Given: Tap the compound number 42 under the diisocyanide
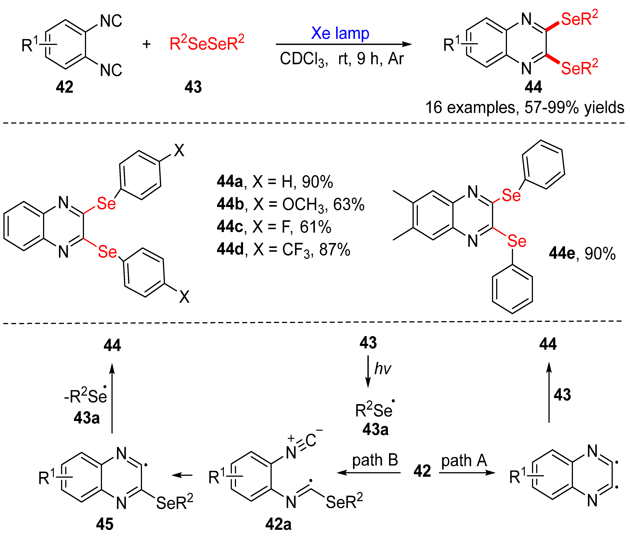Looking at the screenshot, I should coord(64,87).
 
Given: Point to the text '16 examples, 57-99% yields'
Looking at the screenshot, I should coord(524,108).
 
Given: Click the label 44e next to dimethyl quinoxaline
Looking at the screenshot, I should coord(562,253).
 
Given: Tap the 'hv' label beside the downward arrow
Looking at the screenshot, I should coord(383,368).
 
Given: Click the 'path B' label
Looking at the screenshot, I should coord(375,460).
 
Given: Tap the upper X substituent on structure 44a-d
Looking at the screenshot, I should coord(179,150).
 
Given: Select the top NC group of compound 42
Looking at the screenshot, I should coord(111,21).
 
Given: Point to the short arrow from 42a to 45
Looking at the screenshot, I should coord(182,475).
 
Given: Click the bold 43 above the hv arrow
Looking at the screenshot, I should coord(368,343).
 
